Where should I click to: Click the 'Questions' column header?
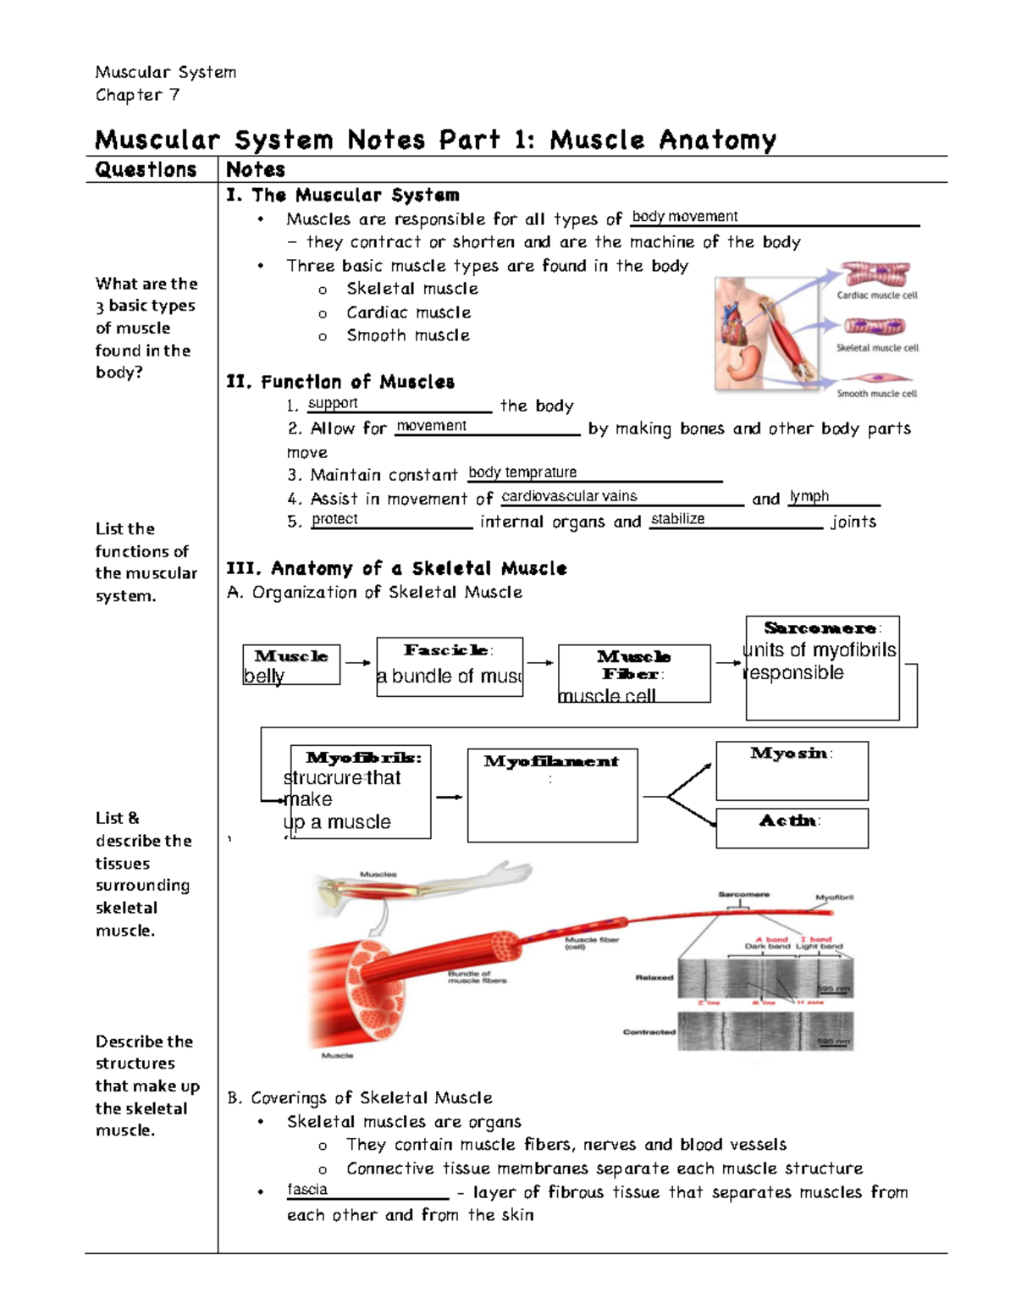[146, 169]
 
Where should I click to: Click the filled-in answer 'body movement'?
[685, 217]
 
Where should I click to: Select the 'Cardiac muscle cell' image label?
[876, 296]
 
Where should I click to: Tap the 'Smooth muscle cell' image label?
[876, 394]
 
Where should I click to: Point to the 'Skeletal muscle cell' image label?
[876, 348]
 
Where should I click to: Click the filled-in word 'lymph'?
[809, 496]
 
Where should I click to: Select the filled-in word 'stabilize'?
[677, 519]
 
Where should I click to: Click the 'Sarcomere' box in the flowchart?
[822, 668]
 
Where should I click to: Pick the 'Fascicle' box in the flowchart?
[450, 666]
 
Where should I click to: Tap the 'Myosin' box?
[792, 771]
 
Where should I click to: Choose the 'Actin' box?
[792, 828]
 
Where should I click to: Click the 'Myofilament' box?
[552, 795]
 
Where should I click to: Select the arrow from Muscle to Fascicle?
[357, 663]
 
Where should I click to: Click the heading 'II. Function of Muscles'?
[340, 382]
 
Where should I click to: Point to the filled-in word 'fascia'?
[307, 1190]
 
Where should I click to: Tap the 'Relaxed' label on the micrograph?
[654, 977]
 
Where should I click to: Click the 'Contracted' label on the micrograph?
[649, 1032]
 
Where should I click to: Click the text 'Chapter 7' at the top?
[137, 95]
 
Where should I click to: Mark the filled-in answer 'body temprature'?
[522, 472]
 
